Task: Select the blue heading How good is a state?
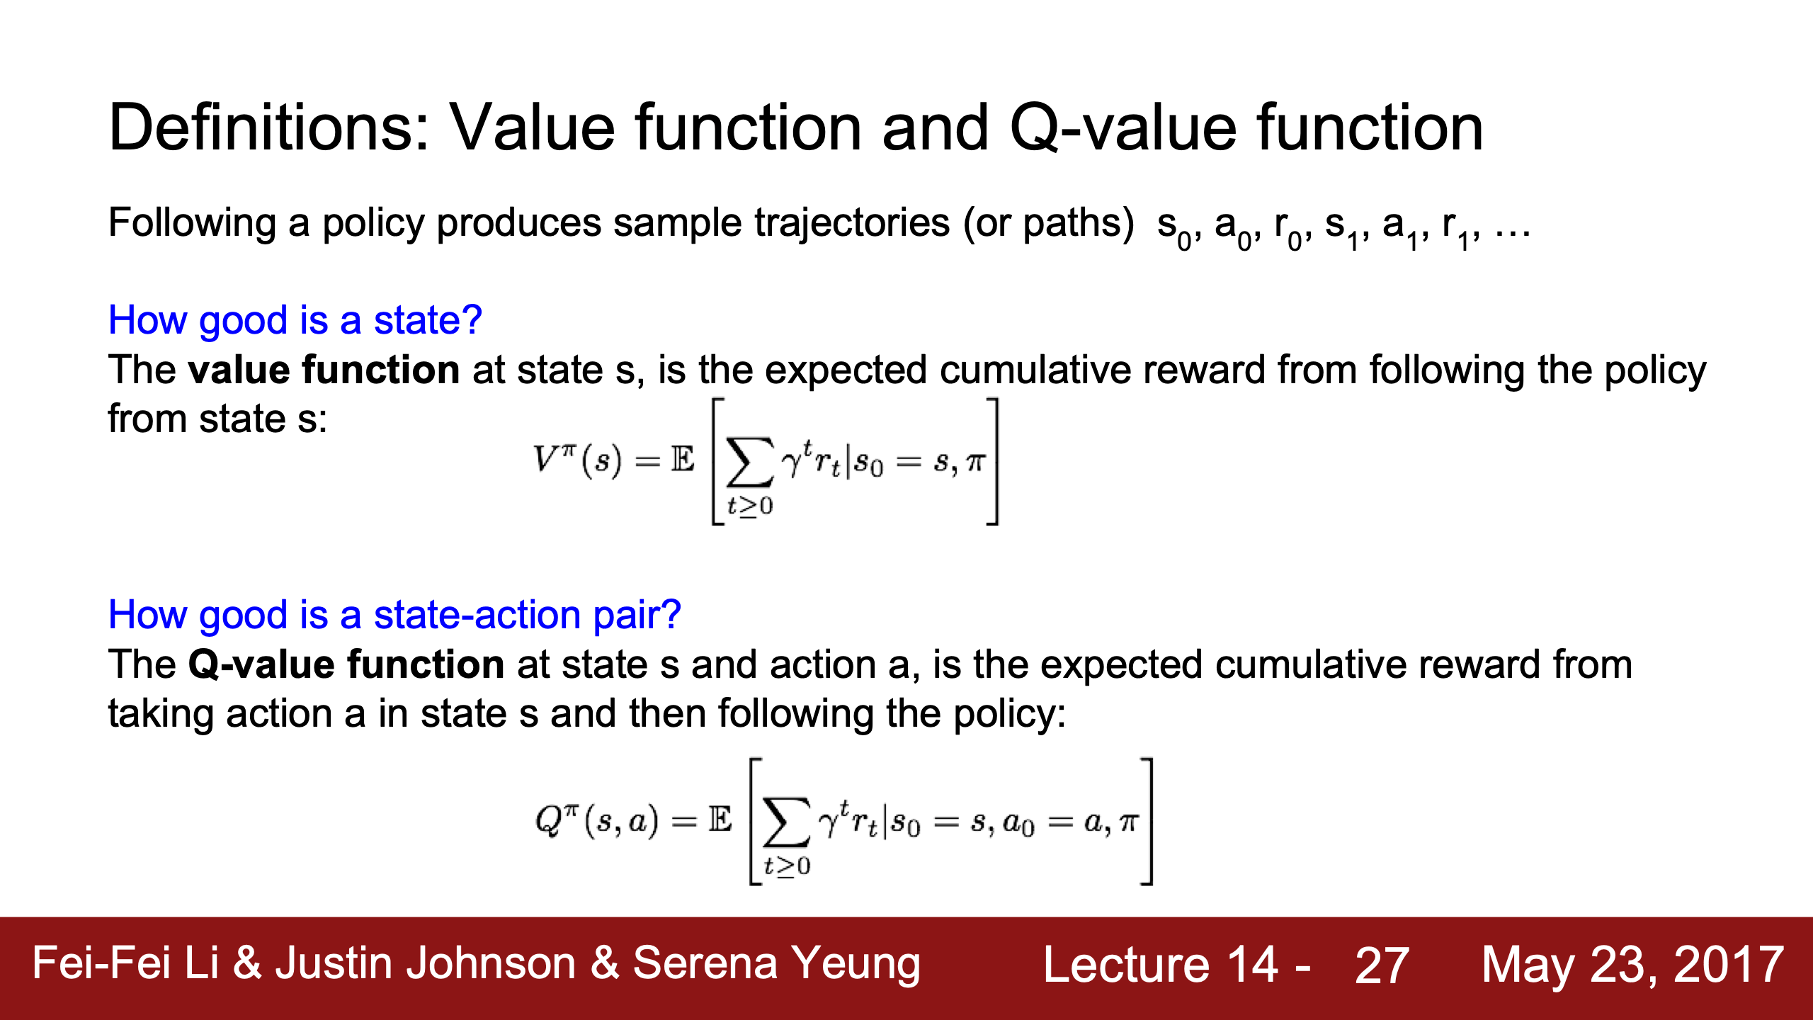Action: click(x=295, y=320)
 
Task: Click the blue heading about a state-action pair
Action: click(x=394, y=615)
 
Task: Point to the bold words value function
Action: click(x=324, y=370)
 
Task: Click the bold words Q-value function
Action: click(x=346, y=664)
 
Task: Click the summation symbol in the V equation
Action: click(x=749, y=462)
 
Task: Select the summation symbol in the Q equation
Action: click(x=786, y=822)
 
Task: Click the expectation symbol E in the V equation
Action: click(x=683, y=460)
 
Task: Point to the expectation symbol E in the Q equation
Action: click(x=720, y=820)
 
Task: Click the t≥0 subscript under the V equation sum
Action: click(x=750, y=506)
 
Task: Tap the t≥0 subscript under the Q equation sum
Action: click(x=787, y=866)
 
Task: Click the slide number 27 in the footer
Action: click(x=1382, y=966)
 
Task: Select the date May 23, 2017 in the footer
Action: click(x=1632, y=966)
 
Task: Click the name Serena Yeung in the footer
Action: click(x=776, y=965)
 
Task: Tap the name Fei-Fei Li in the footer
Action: click(x=125, y=963)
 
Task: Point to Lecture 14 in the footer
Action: click(x=1161, y=965)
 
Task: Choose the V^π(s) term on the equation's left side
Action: click(x=577, y=460)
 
